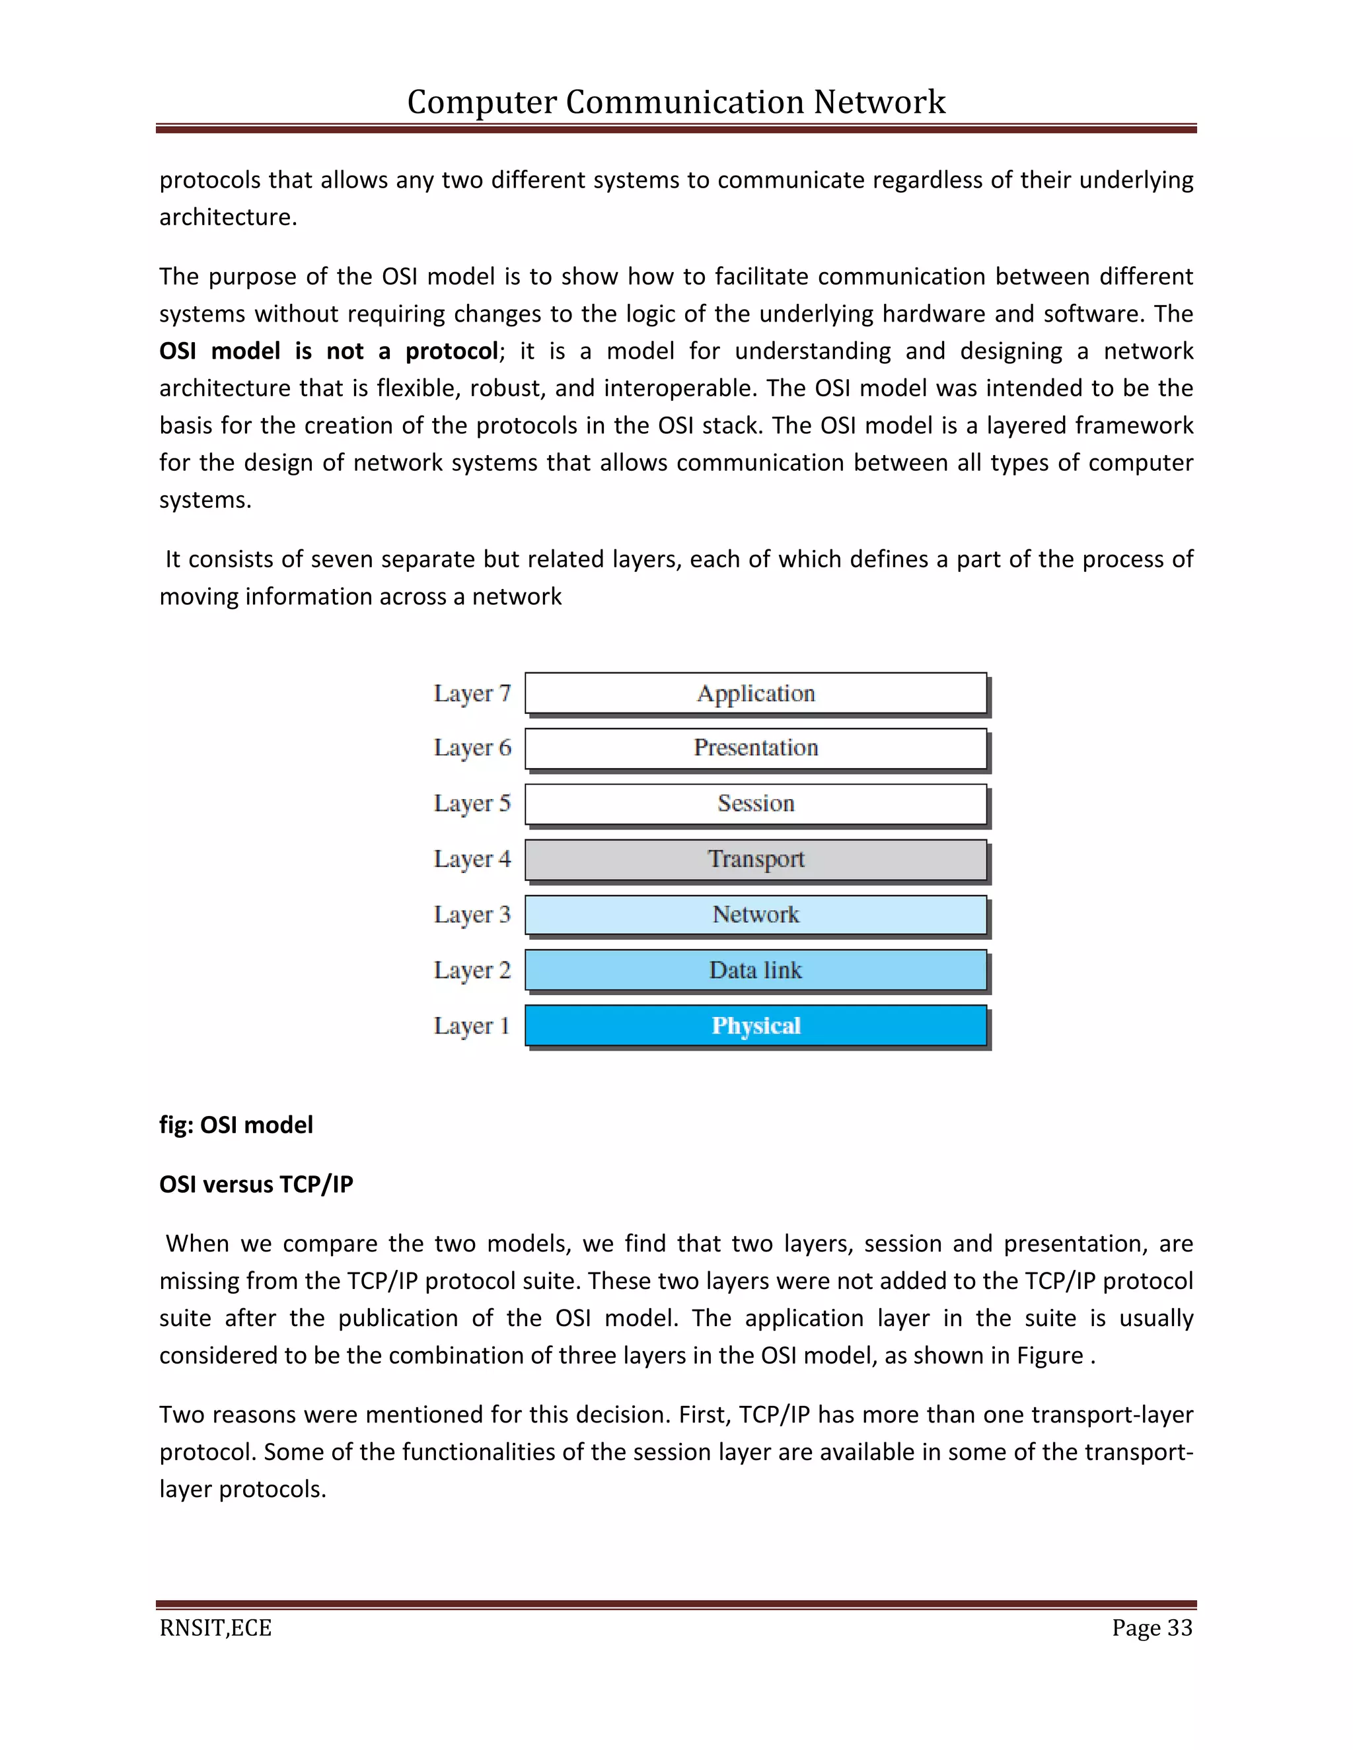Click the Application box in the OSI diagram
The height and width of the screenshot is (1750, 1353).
755,693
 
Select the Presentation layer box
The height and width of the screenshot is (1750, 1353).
755,748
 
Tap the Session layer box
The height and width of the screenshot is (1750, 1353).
755,804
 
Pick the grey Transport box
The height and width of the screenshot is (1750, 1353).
755,859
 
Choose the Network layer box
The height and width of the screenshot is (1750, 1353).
755,914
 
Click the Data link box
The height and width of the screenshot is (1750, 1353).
755,970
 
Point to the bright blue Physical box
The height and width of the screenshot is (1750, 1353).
755,1026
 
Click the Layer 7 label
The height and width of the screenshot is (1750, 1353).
472,694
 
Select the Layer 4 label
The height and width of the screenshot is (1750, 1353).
472,860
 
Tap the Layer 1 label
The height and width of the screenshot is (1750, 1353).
472,1026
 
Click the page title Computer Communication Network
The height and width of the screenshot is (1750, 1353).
676,102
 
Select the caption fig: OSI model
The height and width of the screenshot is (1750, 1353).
236,1125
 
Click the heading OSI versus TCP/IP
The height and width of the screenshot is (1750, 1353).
256,1184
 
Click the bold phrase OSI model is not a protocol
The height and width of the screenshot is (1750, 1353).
328,351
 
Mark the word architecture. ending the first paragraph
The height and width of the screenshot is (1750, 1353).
228,217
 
